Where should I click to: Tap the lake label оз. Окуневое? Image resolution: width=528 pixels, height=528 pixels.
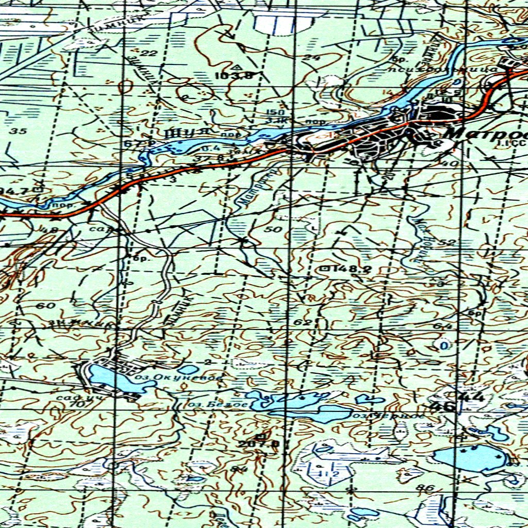pos(178,378)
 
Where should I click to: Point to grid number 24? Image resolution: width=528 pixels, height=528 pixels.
pos(311,58)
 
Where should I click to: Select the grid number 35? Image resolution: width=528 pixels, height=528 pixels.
pos(18,131)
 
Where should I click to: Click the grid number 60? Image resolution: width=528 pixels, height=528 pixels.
pos(47,306)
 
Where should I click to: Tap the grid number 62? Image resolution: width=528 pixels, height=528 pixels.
pos(303,323)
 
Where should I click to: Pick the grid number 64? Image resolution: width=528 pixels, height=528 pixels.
pos(446,326)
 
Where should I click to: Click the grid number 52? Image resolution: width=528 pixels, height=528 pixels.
pos(449,242)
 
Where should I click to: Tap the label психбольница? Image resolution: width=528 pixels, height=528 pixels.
pos(421,68)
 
